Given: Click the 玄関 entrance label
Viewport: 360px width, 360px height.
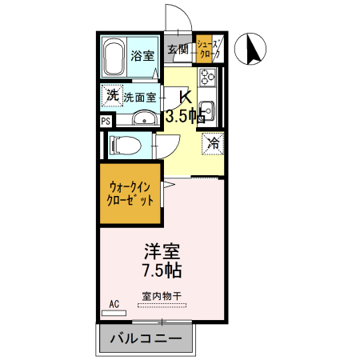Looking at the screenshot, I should [178, 50].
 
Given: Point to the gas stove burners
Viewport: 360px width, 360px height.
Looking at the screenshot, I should [209, 78].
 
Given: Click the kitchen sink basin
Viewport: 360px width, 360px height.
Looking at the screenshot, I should [207, 109].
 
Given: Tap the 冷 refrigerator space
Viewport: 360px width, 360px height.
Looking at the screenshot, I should [213, 144].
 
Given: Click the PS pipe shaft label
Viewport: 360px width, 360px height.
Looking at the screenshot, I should [106, 121].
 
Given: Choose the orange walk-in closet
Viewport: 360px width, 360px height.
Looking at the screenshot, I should [130, 194].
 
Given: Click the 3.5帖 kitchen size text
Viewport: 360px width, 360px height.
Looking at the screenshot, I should [184, 117].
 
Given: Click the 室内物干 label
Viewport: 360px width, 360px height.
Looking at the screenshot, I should [161, 295].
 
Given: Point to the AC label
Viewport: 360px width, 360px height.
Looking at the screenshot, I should [114, 304].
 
